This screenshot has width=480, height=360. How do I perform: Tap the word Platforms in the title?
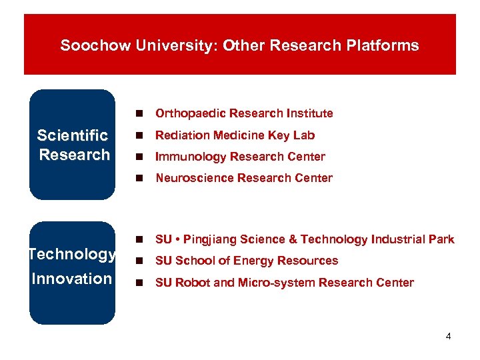[386, 45]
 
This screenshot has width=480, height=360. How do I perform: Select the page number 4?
[448, 336]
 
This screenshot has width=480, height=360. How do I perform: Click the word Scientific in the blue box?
[72, 135]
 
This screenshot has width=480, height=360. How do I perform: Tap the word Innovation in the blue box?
[71, 278]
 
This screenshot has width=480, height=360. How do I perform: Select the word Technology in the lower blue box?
[72, 254]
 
